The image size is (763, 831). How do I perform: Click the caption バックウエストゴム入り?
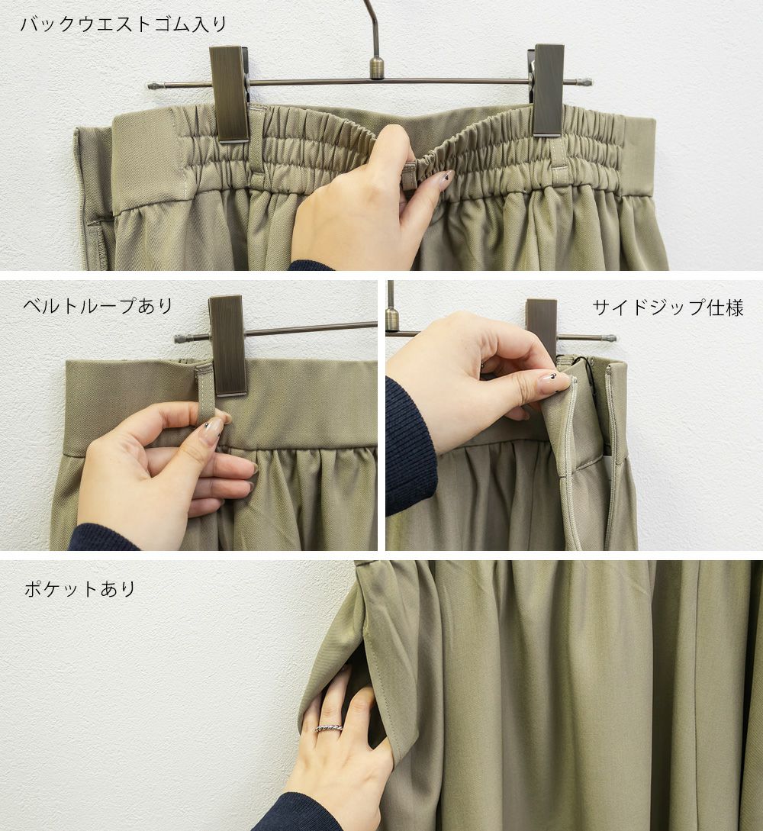point(124,24)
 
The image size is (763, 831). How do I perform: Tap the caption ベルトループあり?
point(98,306)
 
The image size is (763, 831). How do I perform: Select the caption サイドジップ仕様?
point(668,308)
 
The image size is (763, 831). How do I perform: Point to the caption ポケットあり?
point(80,589)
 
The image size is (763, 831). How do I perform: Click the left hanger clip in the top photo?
point(230,94)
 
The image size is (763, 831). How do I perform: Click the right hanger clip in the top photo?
point(548,90)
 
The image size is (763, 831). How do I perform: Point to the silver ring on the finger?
point(329,727)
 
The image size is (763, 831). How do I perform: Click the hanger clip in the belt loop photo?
point(228,346)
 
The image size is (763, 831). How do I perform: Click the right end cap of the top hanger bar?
point(584,82)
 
